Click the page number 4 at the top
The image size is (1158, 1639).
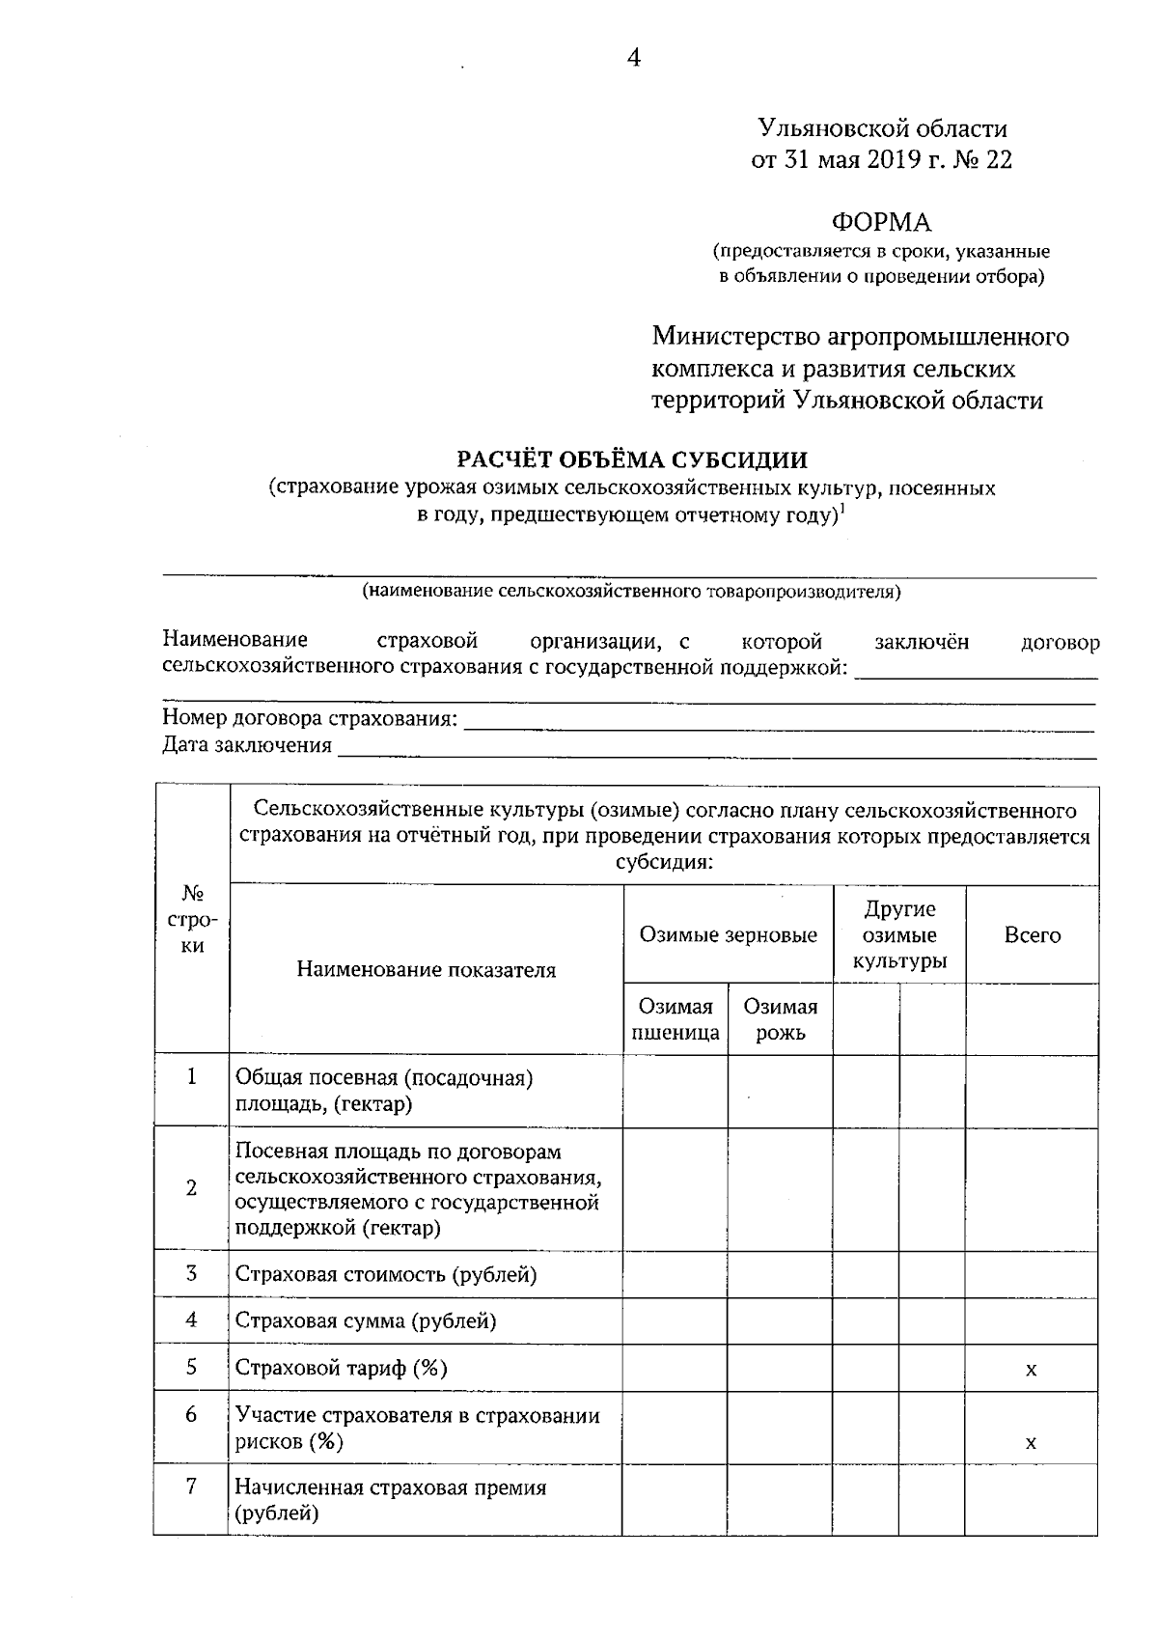(633, 58)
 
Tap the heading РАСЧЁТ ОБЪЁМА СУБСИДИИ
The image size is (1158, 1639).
(632, 459)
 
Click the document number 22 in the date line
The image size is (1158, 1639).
(999, 159)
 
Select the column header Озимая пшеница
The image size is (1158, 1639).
(675, 1019)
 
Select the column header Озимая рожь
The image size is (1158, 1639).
(780, 1019)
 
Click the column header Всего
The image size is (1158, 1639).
(1032, 934)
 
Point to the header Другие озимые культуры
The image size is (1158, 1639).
(899, 934)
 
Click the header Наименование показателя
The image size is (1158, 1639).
(426, 969)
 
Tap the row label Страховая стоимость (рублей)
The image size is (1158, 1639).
(386, 1274)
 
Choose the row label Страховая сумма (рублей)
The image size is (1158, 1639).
(366, 1320)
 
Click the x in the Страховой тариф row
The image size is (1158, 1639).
(1031, 1369)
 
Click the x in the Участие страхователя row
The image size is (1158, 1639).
(1031, 1443)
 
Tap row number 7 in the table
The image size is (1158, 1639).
(191, 1486)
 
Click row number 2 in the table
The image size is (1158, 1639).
(191, 1188)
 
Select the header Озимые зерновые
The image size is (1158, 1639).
(728, 934)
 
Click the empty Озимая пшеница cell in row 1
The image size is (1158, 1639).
(675, 1091)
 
